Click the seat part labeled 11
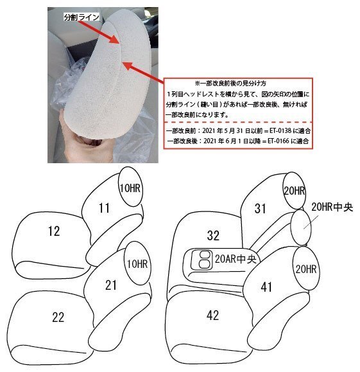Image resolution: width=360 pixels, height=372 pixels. (105, 207)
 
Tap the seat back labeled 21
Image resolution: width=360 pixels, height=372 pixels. (110, 285)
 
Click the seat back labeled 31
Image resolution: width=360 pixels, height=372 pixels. (260, 208)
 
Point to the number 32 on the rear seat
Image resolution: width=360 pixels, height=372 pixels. (213, 235)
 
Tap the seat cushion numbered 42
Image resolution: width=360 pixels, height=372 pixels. (213, 315)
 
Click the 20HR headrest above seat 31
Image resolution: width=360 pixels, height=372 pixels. (293, 191)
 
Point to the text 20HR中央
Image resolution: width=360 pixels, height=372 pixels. (332, 208)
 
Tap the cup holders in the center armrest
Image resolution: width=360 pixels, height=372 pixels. (203, 259)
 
